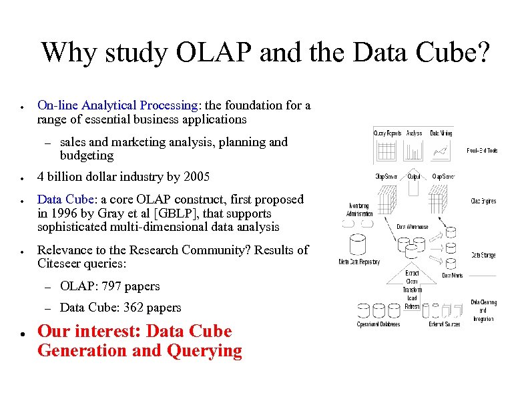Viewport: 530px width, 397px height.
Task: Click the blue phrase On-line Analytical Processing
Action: click(x=117, y=105)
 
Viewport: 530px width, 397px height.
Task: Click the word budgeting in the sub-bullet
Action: click(x=87, y=155)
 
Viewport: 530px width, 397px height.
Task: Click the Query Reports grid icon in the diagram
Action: click(x=386, y=152)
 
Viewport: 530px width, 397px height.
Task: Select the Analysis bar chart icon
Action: click(x=414, y=152)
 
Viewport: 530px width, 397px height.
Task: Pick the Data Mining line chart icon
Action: click(x=441, y=152)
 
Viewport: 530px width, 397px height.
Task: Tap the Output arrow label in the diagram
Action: click(x=414, y=177)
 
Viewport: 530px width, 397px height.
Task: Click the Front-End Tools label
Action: click(x=482, y=151)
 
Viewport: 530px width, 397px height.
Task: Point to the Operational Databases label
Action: click(x=378, y=324)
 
